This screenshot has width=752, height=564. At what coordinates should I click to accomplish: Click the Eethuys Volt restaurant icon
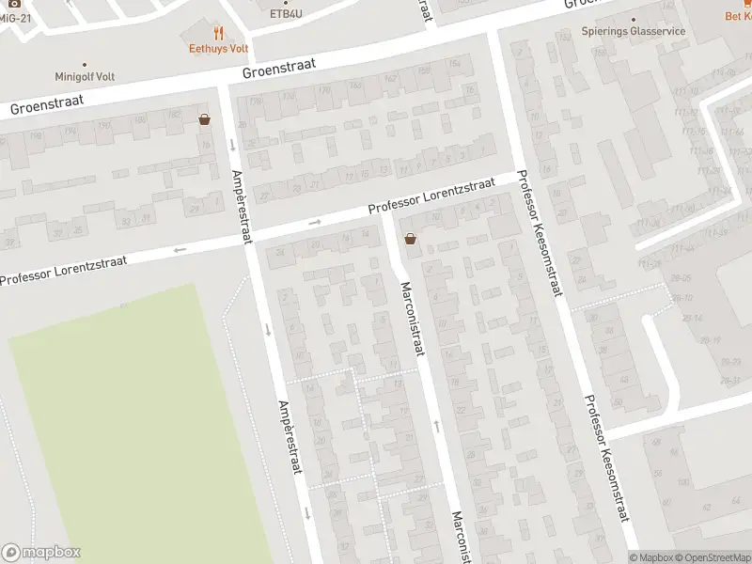pos(218,32)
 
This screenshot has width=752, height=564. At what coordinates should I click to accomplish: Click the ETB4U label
pos(286,14)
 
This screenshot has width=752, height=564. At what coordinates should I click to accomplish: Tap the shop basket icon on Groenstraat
pos(204,119)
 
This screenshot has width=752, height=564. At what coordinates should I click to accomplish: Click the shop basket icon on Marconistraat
pos(410,239)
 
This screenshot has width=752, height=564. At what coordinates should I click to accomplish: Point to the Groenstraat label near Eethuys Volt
pos(278,69)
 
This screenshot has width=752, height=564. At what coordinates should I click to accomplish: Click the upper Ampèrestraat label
pos(242,206)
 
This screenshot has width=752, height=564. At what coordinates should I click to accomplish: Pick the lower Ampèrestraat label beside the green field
pos(288,437)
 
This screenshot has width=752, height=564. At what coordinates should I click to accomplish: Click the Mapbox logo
pos(40,553)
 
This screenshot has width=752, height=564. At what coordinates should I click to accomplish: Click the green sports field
pos(122,414)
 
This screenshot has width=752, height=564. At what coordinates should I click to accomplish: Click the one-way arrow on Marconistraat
pos(435,425)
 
